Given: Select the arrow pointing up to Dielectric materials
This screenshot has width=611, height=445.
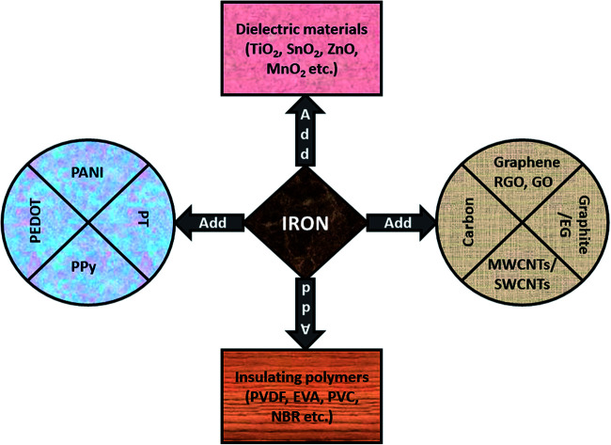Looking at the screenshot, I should click(x=305, y=135).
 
